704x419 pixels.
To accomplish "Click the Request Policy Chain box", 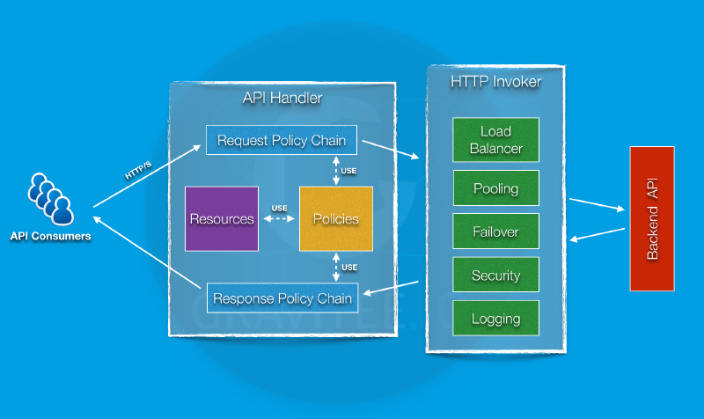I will coord(282,140).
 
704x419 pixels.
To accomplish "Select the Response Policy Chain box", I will coord(282,298).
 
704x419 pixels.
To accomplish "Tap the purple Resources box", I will coord(222,218).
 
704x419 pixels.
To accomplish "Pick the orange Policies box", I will coord(336,218).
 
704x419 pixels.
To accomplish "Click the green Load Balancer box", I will coord(496,141).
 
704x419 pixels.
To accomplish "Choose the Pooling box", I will coord(496,188).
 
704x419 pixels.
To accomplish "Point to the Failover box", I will coord(496,232).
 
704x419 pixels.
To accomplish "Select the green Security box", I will coord(496,276).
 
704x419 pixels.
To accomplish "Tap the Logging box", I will coord(496,319).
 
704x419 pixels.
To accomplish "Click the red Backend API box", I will coord(652,218).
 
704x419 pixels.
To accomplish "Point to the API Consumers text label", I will coord(50,236).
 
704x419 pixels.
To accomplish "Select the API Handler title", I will coord(282,99).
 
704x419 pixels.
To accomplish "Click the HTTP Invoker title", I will coord(495,82).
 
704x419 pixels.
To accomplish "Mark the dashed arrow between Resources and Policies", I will coord(279,219).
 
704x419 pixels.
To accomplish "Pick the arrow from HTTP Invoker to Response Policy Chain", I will coord(392,289).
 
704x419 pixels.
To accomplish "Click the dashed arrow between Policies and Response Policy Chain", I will coord(336,268).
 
